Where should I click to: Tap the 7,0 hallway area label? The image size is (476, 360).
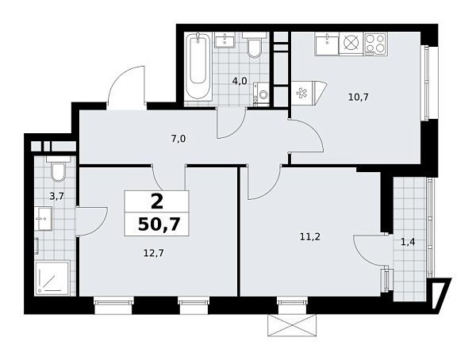point(178,138)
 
